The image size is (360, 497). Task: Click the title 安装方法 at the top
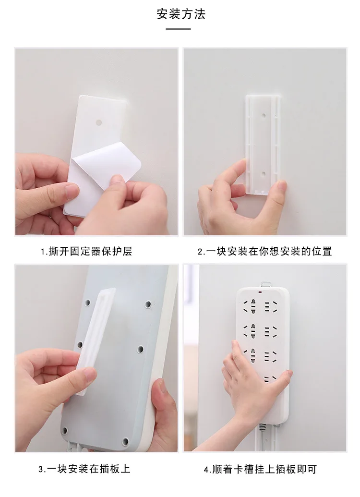click(x=181, y=14)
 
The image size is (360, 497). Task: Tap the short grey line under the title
click(x=178, y=29)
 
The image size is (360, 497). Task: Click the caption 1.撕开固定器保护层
click(x=86, y=251)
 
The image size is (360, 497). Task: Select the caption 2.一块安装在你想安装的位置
click(x=264, y=251)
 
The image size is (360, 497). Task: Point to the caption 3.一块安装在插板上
click(x=84, y=469)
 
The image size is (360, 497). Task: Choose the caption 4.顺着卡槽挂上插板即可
click(x=260, y=469)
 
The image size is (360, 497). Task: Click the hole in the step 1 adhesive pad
click(x=99, y=122)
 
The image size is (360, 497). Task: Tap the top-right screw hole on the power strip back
click(x=148, y=304)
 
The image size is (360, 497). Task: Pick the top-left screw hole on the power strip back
click(x=87, y=303)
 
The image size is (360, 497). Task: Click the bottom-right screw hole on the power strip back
click(x=125, y=441)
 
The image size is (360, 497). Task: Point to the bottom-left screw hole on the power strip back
click(x=65, y=430)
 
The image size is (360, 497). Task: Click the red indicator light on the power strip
click(x=260, y=292)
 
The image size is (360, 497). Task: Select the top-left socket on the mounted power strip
click(x=250, y=306)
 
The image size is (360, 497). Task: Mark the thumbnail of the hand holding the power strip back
click(x=96, y=358)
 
